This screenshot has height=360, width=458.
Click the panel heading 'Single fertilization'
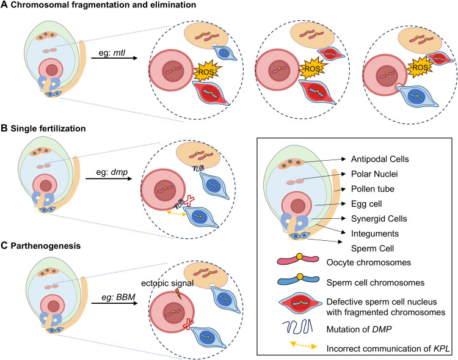pos(48,129)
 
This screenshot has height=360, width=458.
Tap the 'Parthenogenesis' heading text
pos(46,246)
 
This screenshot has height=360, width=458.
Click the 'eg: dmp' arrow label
pos(112,172)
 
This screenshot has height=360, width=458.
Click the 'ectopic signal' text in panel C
pos(167,283)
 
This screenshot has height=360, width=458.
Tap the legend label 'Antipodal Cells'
pos(380,159)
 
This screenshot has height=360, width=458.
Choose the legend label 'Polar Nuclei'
pos(374,174)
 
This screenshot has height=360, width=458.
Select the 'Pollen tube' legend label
pos(373,189)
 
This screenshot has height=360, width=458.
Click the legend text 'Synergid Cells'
pos(379,219)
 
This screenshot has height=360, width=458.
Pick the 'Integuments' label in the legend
pos(375,233)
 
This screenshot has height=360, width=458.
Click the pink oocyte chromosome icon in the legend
pos(298,259)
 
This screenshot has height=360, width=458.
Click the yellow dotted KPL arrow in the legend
pos(303,345)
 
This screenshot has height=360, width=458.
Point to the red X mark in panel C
pos(187,324)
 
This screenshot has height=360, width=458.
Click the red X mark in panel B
pos(189,200)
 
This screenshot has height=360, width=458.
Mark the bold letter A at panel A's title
pos(4,5)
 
